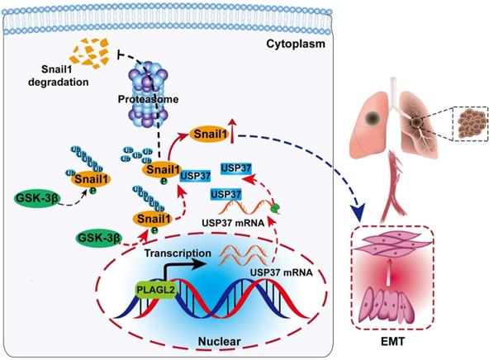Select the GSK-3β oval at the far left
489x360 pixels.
click(37, 198)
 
